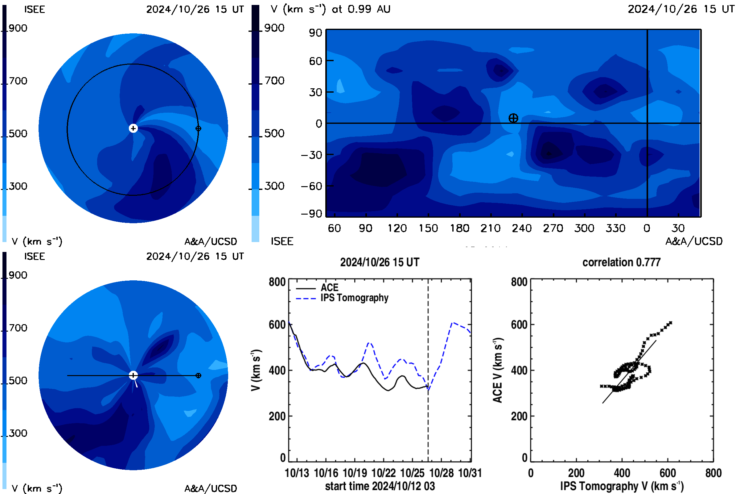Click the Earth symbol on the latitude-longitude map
[513, 118]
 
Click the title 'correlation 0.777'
[621, 262]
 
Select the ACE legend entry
[317, 287]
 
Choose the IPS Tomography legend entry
[342, 298]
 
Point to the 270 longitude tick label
[553, 228]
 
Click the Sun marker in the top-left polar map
[133, 128]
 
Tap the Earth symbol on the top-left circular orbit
[198, 128]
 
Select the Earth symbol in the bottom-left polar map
[198, 375]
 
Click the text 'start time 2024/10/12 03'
[380, 486]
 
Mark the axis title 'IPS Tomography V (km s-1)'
[622, 486]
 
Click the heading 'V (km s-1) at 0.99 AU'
[331, 9]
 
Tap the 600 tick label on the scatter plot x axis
[668, 473]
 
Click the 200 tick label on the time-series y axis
[277, 416]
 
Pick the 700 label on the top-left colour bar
[18, 81]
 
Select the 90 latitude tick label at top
[315, 33]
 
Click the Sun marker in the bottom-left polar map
[133, 375]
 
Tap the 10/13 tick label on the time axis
[297, 473]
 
